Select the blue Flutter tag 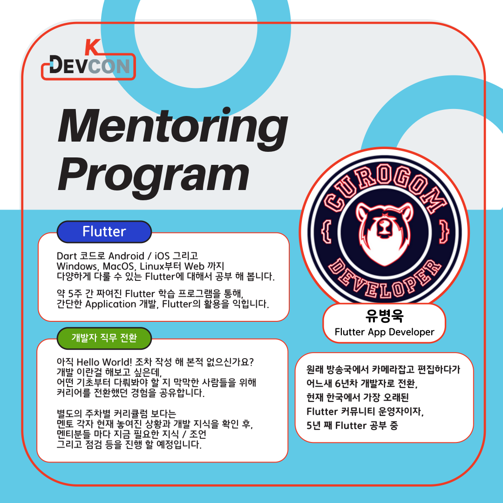click(104, 231)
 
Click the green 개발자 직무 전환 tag click(104, 337)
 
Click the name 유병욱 click(384, 316)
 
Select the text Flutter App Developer click(384, 332)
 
